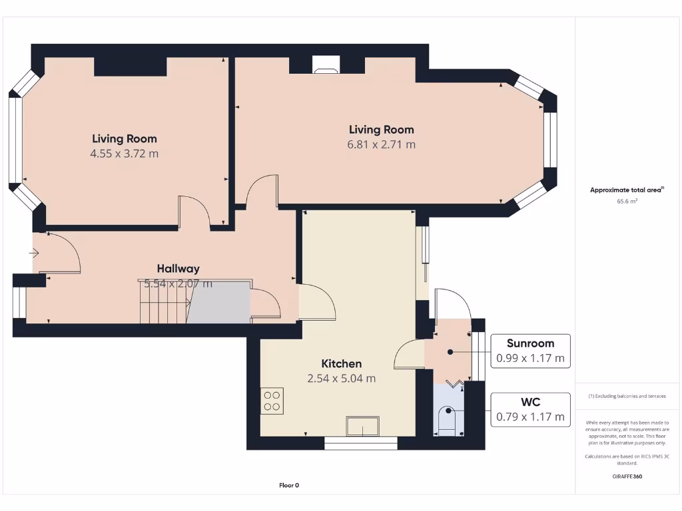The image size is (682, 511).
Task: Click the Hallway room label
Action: pyautogui.click(x=178, y=269)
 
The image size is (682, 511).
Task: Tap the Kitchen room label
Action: pyautogui.click(x=342, y=363)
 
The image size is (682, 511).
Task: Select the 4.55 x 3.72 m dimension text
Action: pyautogui.click(x=125, y=154)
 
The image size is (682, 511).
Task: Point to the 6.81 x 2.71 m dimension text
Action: pyautogui.click(x=381, y=144)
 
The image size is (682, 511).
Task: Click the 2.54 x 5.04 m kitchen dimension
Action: pyautogui.click(x=342, y=379)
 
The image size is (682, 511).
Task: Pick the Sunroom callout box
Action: pyautogui.click(x=530, y=351)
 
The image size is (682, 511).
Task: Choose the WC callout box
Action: pyautogui.click(x=530, y=410)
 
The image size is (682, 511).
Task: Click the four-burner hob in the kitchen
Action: pyautogui.click(x=272, y=401)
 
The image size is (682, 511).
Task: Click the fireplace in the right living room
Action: pyautogui.click(x=326, y=65)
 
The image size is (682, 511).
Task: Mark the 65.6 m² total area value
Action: pyautogui.click(x=627, y=200)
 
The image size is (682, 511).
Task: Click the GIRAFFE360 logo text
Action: pyautogui.click(x=627, y=476)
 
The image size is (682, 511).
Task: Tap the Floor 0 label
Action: pyautogui.click(x=289, y=485)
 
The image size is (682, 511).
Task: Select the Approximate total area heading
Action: pyautogui.click(x=626, y=190)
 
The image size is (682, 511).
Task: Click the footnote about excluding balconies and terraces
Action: pyautogui.click(x=627, y=396)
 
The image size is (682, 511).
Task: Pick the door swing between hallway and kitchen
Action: pyautogui.click(x=318, y=301)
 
